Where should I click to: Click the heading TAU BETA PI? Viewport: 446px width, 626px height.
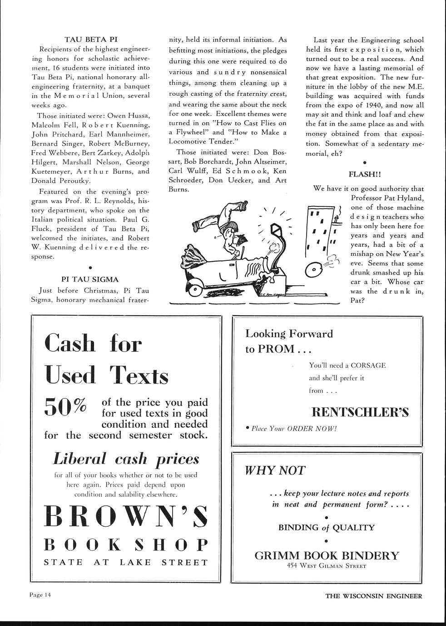[x=90, y=39]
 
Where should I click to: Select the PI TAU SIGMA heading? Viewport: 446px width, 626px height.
[x=90, y=279]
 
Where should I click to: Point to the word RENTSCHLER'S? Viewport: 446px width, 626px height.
[x=360, y=412]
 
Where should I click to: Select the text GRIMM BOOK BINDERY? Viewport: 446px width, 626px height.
[x=327, y=555]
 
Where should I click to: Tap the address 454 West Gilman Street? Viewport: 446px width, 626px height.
[x=327, y=566]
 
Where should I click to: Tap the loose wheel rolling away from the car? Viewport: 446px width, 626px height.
[x=314, y=270]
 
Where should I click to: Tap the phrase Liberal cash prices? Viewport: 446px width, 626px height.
[x=126, y=459]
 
